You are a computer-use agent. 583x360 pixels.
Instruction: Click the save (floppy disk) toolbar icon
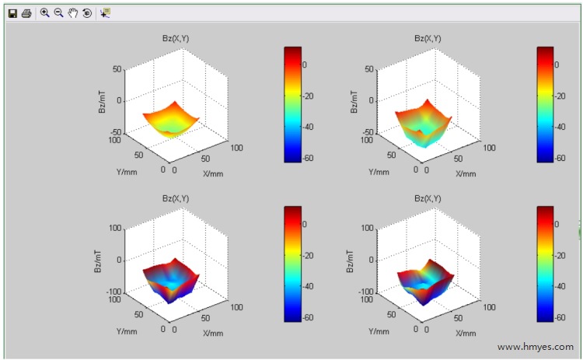point(12,13)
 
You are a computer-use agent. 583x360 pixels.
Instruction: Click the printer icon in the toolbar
point(26,13)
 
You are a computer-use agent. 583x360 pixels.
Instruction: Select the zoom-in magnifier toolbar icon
point(44,13)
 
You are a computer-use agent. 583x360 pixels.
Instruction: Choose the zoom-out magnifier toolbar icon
point(58,13)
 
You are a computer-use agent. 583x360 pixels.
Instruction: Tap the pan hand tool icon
point(73,13)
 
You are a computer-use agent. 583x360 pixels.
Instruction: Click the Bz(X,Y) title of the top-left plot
point(178,37)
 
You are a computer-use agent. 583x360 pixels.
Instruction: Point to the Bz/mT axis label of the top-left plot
point(103,101)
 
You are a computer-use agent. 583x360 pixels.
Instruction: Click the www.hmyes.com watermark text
point(536,347)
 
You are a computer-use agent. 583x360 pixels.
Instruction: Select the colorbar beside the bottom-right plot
point(545,262)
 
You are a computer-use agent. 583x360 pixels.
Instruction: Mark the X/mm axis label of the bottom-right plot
point(466,333)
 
